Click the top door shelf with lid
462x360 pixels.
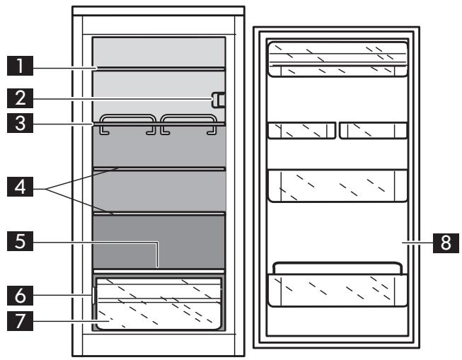[337, 59]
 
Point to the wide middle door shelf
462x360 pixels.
[337, 185]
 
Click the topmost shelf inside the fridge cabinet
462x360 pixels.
[159, 68]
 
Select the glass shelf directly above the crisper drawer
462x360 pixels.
[159, 270]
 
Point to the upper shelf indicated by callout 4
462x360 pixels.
[159, 168]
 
